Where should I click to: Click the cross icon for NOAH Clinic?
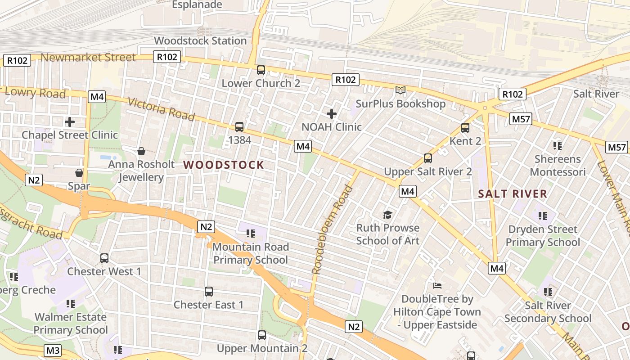coord(332,114)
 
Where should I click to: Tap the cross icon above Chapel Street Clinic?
coord(69,121)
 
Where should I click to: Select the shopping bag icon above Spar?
coord(79,173)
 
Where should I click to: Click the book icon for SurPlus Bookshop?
coord(400,90)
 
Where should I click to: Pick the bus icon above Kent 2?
coord(465,128)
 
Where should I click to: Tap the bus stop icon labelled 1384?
coord(239,127)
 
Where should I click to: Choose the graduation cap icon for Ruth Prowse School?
coord(387,215)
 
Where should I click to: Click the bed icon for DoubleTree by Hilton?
coord(437,286)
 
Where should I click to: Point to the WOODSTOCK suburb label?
coord(224,165)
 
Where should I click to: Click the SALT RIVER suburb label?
coord(513,194)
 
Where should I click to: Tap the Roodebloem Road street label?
coord(332,229)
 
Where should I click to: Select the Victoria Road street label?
coord(162,109)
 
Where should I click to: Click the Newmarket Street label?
coord(88,58)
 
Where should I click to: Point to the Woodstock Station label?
coord(200,40)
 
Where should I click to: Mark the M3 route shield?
coord(53,350)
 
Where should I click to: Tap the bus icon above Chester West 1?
coord(104,258)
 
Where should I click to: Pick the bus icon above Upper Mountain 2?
coord(262,335)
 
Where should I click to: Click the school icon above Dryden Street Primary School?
coord(542,216)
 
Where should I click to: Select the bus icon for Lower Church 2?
coord(261,70)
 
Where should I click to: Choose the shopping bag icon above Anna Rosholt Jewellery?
coord(141,151)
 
